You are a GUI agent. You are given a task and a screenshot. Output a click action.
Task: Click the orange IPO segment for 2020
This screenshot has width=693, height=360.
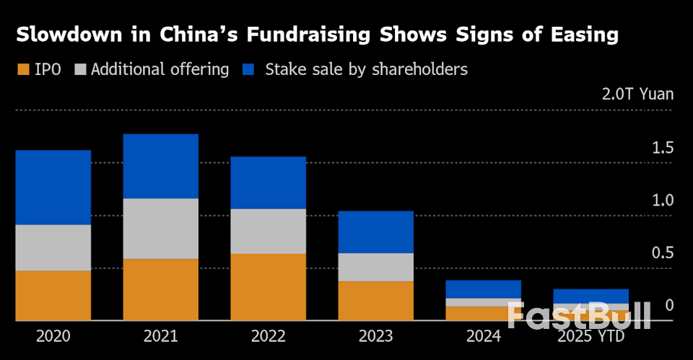(53, 295)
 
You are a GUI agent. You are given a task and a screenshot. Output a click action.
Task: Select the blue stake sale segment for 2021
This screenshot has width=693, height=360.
(160, 166)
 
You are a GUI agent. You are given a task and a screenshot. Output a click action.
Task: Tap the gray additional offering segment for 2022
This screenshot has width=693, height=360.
(268, 231)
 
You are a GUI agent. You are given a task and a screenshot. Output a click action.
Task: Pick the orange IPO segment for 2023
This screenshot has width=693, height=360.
(375, 300)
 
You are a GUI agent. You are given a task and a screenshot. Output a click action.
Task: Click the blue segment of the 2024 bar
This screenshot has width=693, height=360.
(483, 289)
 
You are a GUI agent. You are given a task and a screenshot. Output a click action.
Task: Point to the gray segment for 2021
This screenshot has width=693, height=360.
(160, 228)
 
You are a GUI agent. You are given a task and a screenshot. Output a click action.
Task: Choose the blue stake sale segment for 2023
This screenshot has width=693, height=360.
(375, 232)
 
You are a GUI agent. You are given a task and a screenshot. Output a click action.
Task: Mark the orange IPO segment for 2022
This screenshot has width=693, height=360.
(268, 286)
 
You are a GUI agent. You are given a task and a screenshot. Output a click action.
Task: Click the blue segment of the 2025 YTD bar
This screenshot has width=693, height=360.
(590, 296)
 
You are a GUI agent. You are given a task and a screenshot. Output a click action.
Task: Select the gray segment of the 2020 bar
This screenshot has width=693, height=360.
(53, 247)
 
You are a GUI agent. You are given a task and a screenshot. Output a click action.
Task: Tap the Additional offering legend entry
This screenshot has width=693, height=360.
(153, 70)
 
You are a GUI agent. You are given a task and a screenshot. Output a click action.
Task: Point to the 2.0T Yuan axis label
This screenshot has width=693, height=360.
(637, 94)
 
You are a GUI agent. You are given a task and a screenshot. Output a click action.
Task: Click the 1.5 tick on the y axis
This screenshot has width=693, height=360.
(663, 148)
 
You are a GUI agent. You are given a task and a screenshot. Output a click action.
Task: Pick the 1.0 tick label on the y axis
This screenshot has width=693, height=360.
(663, 201)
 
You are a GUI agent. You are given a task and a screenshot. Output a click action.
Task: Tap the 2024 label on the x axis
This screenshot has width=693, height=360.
(483, 337)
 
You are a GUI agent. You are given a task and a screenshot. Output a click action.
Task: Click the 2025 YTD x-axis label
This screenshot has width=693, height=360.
(590, 337)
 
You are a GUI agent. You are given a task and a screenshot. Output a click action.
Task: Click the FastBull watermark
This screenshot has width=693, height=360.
(578, 315)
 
